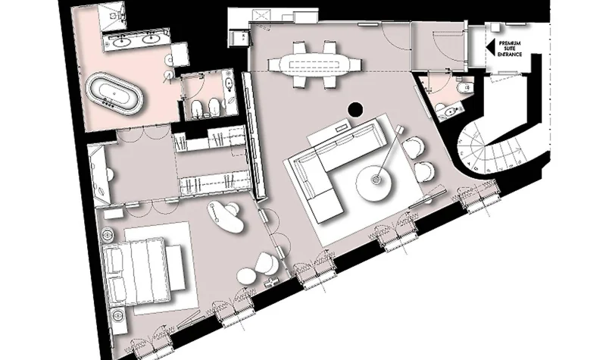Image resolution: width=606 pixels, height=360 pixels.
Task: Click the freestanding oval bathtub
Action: (x=114, y=93)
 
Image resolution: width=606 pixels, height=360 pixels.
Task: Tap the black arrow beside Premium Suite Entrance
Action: (x=490, y=48)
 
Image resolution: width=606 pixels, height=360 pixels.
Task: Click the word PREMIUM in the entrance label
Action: (x=510, y=43)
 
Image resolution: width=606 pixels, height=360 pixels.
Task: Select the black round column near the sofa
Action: (x=355, y=109)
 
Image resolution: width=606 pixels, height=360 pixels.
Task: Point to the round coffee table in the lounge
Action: (x=373, y=183)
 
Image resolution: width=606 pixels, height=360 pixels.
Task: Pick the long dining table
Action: (x=315, y=64)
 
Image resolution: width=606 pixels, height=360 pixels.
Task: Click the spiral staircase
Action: (x=488, y=146)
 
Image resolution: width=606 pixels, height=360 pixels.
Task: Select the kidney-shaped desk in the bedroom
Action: (x=225, y=217)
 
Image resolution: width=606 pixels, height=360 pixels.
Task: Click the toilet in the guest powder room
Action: (x=464, y=88)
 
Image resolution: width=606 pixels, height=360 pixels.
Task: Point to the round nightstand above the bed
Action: (x=107, y=234)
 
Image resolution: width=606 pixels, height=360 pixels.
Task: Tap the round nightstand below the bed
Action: (x=117, y=315)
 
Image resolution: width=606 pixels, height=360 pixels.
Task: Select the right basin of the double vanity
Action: (x=150, y=39)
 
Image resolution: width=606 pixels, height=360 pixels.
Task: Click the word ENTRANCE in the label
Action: (x=510, y=54)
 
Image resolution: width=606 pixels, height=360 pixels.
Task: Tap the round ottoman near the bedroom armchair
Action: (x=247, y=277)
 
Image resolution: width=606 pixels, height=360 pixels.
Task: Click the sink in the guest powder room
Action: (x=450, y=111)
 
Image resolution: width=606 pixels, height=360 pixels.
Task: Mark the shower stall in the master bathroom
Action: (x=111, y=16)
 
